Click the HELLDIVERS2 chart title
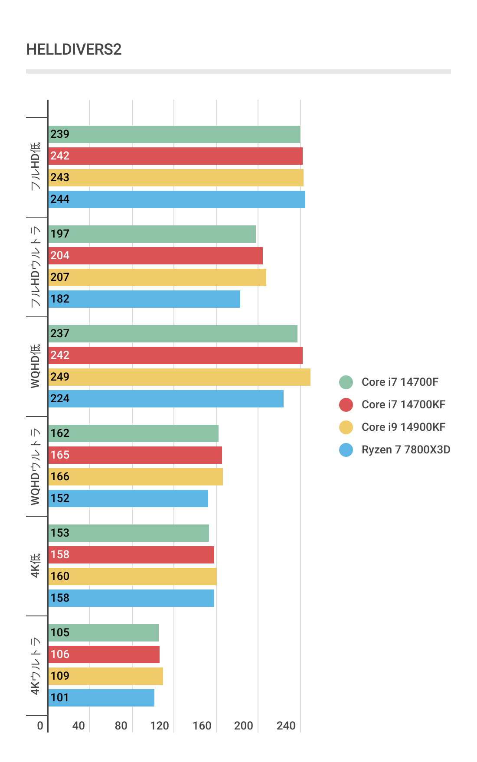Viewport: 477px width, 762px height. (x=74, y=49)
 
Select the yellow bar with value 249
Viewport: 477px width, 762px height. (x=179, y=377)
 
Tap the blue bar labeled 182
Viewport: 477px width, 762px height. (x=144, y=299)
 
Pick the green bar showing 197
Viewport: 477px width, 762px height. (x=152, y=234)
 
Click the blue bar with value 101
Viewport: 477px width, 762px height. (x=101, y=698)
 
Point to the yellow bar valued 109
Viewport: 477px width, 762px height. (x=105, y=676)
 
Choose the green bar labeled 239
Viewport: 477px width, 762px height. (x=174, y=134)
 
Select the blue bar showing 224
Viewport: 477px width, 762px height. (x=166, y=399)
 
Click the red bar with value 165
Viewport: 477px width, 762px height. (x=135, y=455)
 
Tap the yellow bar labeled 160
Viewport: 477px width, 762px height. (x=132, y=576)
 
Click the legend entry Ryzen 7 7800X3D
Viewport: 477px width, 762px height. (x=405, y=450)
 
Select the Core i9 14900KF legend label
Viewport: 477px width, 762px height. (x=403, y=427)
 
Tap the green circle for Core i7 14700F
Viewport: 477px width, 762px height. (x=346, y=382)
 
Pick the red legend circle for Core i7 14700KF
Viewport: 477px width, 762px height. (x=346, y=405)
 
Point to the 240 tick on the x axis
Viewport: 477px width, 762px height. (x=286, y=726)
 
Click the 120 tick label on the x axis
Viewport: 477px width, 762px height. (x=160, y=726)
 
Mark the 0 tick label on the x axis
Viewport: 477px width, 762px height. (x=40, y=726)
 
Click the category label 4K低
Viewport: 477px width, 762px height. (x=36, y=566)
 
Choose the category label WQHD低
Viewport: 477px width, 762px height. (x=36, y=366)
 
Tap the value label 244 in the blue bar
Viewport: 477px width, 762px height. (x=60, y=199)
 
